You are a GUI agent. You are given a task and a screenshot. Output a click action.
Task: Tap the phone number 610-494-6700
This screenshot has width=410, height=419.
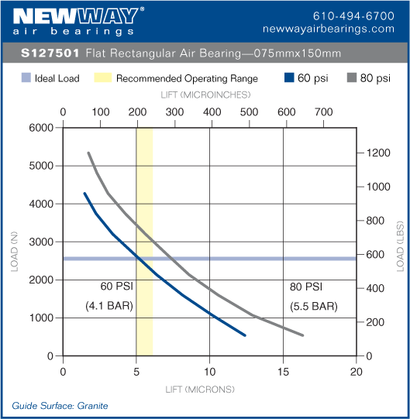(x=353, y=15)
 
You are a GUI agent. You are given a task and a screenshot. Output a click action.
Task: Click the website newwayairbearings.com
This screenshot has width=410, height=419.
(x=340, y=29)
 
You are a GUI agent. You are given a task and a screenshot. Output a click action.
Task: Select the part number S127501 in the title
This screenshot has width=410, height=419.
(x=50, y=53)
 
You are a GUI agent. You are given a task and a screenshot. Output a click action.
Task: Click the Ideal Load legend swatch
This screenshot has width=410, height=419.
(x=26, y=78)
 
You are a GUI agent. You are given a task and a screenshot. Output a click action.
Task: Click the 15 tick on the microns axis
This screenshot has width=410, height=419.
(x=283, y=369)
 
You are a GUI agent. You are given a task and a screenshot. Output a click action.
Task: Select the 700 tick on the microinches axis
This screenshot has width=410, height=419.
(x=324, y=112)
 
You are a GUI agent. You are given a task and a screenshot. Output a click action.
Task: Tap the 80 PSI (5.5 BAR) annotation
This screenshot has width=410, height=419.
(x=313, y=297)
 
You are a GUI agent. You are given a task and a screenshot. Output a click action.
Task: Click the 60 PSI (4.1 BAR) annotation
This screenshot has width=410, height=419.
(x=109, y=297)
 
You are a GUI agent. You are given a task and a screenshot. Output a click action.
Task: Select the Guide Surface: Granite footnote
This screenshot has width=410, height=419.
(x=60, y=406)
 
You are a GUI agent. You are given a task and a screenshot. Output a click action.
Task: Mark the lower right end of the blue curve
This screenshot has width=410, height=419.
(x=245, y=335)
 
